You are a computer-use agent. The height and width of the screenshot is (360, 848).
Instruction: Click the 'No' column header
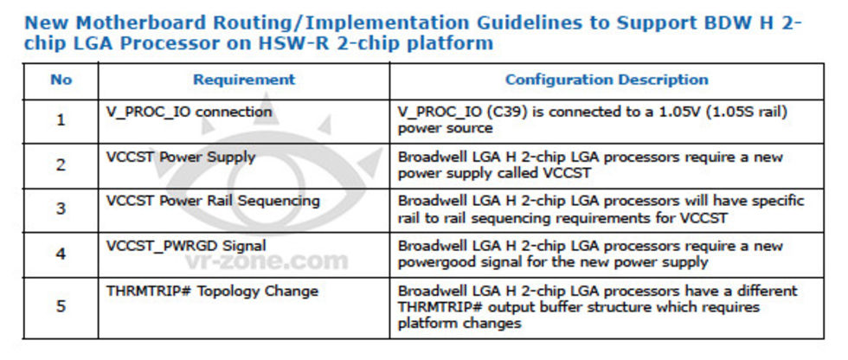61,80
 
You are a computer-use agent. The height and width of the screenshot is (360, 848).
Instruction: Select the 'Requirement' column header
244,80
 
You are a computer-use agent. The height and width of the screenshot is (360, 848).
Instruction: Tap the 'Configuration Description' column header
607,80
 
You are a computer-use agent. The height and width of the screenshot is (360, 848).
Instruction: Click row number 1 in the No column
61,120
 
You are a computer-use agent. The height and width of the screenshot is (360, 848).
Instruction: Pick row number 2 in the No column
61,165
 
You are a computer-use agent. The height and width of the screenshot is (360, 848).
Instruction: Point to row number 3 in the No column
61,209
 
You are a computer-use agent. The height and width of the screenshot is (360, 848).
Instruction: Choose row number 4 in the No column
61,254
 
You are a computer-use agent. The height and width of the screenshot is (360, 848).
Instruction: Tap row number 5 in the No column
61,306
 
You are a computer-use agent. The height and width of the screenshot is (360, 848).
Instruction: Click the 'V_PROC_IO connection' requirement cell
190,112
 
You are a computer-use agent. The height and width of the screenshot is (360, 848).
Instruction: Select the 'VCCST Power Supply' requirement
181,157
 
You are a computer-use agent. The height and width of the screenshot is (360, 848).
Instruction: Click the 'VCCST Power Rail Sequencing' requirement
213,202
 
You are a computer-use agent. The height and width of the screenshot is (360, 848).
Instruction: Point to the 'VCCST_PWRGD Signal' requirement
186,247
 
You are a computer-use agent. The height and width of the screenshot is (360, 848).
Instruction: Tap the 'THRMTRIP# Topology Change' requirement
212,292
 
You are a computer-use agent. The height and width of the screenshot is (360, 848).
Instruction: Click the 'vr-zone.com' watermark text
267,262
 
